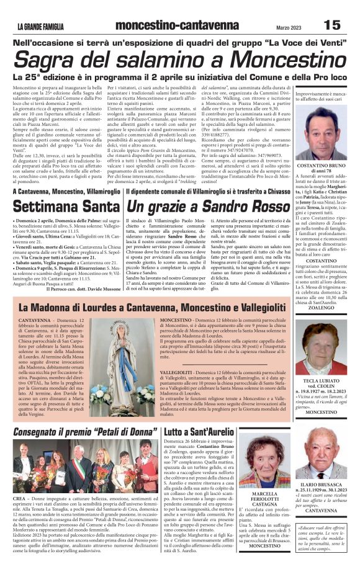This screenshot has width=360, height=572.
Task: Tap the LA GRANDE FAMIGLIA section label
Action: (x=41, y=25)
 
